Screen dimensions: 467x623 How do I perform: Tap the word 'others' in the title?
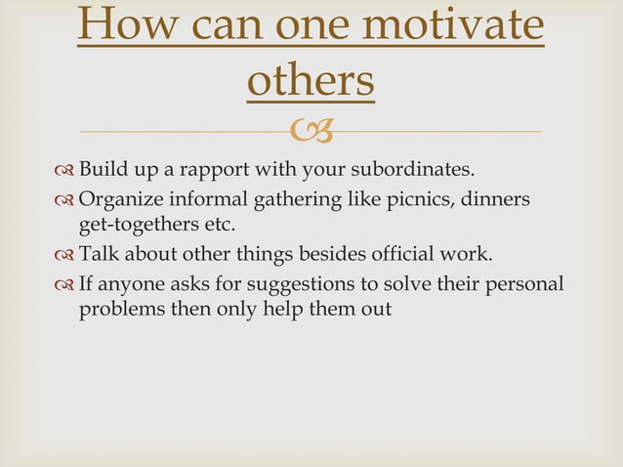(311, 82)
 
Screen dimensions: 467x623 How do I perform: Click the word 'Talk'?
(98, 257)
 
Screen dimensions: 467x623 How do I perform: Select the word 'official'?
(401, 257)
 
